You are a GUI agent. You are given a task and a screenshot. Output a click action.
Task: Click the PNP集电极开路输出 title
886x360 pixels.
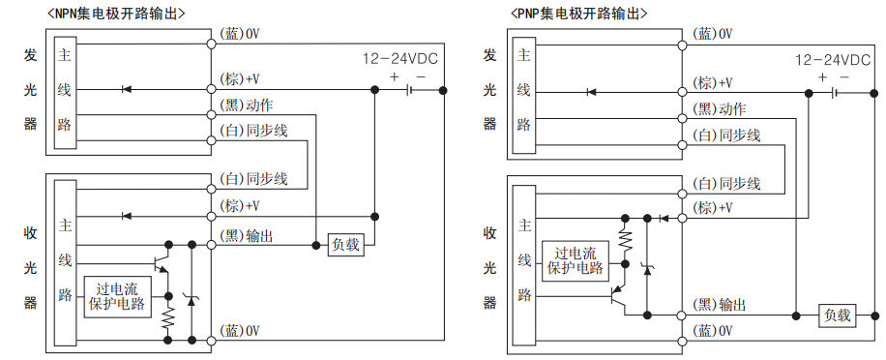(x=578, y=14)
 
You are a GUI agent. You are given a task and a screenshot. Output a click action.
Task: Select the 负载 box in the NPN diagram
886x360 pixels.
(x=345, y=244)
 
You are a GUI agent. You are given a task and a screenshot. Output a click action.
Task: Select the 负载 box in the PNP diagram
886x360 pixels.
(x=837, y=315)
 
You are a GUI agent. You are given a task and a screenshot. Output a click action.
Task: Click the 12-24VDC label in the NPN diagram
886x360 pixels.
(x=398, y=58)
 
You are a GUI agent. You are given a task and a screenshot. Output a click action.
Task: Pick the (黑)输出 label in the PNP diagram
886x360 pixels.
(x=720, y=305)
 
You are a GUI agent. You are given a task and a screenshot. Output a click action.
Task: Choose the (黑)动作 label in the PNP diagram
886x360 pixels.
(x=720, y=108)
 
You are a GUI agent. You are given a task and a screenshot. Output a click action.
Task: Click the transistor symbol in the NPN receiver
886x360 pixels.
(x=161, y=262)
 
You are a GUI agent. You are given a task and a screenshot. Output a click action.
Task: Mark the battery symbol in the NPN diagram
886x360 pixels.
(x=411, y=91)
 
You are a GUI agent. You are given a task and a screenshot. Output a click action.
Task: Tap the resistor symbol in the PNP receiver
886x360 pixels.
(x=624, y=237)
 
